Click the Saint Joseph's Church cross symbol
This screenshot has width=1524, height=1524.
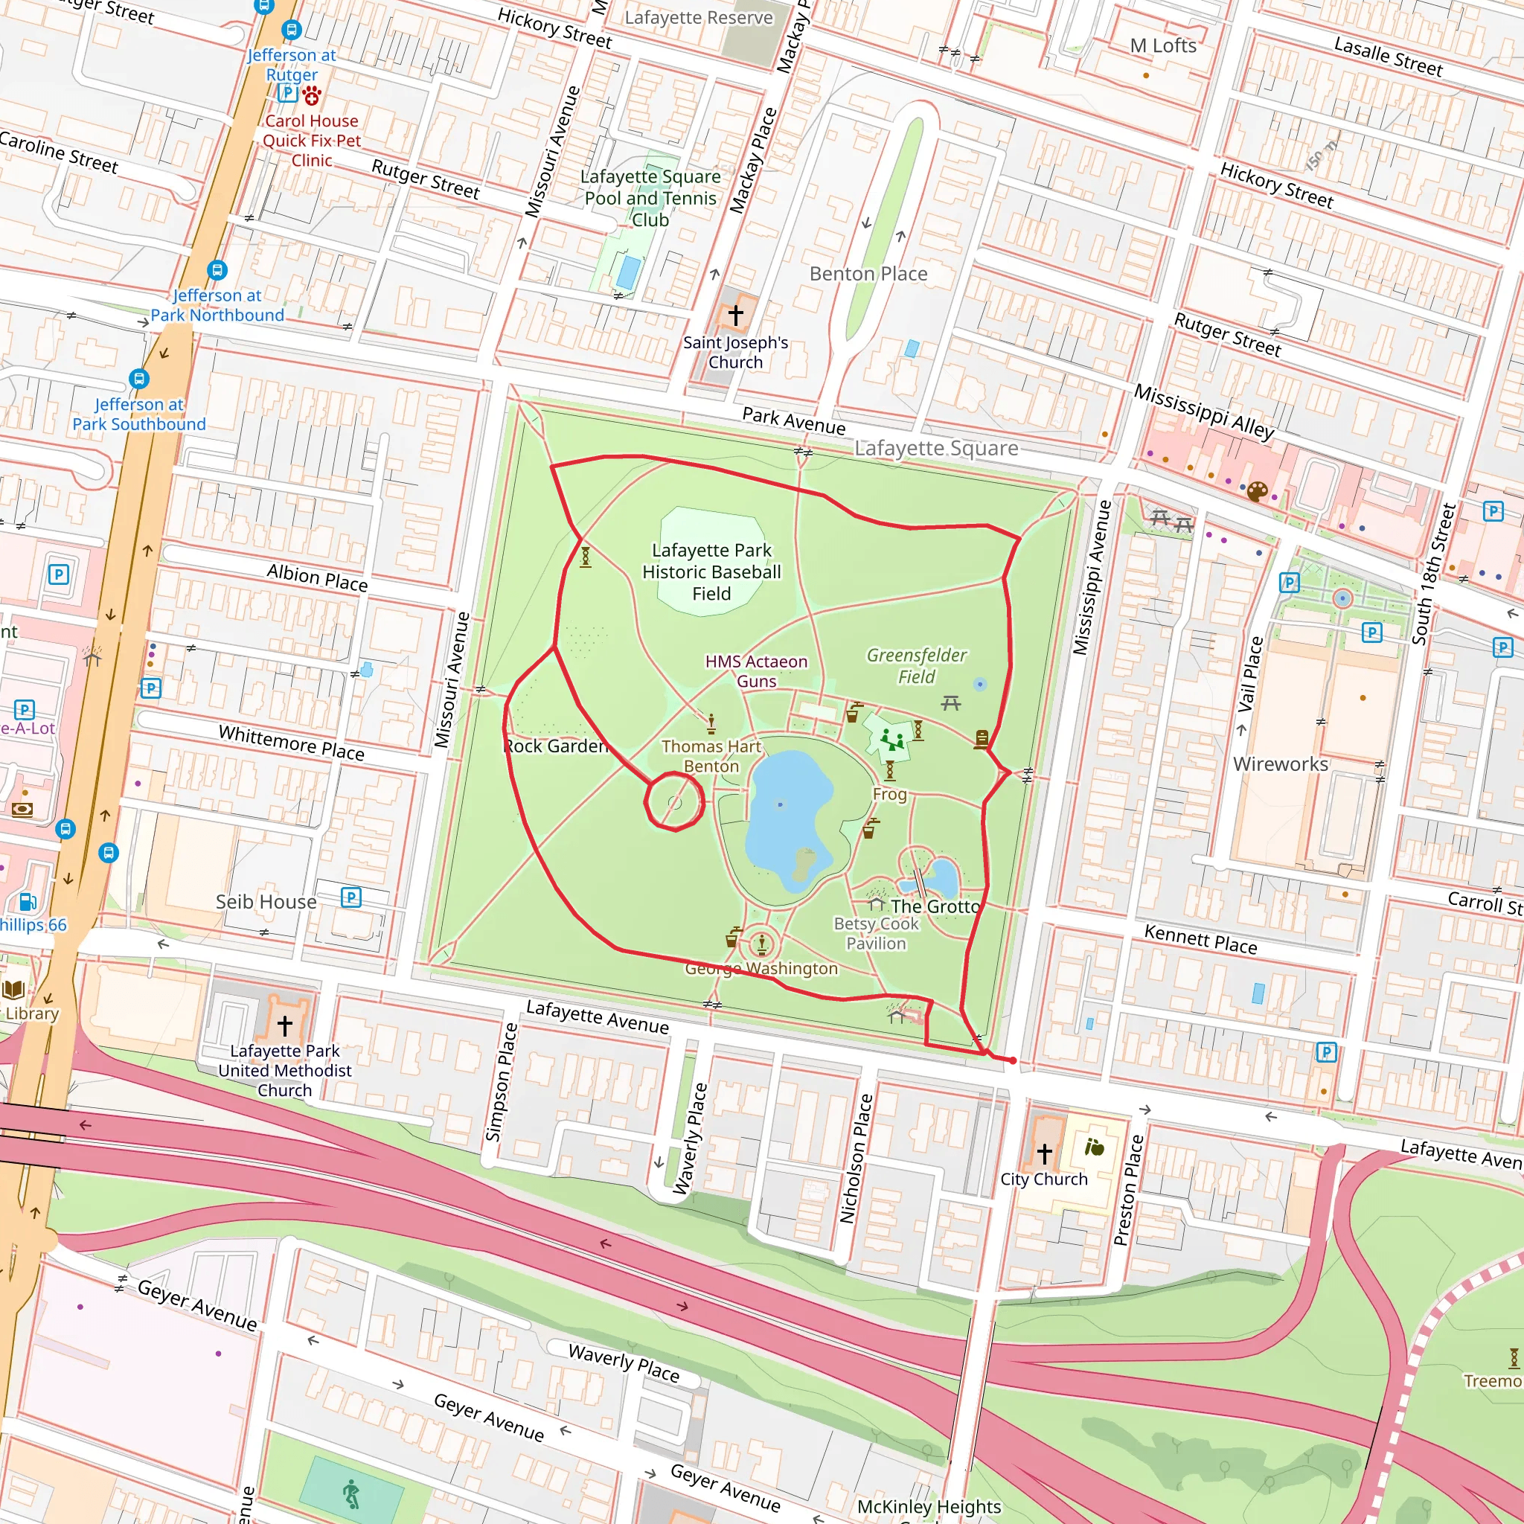pyautogui.click(x=735, y=315)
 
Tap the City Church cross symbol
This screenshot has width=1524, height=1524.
pyautogui.click(x=1044, y=1153)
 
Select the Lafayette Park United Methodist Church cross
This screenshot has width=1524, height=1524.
pyautogui.click(x=285, y=1025)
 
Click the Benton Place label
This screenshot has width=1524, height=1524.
pyautogui.click(x=868, y=274)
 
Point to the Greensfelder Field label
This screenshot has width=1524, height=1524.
pyautogui.click(x=916, y=666)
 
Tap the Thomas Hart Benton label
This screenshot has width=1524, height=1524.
pyautogui.click(x=711, y=756)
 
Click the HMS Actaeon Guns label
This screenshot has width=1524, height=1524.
pyautogui.click(x=756, y=671)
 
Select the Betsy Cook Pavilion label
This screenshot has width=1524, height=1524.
pyautogui.click(x=876, y=933)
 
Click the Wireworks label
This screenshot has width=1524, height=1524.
pyautogui.click(x=1279, y=763)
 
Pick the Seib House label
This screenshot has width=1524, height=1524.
pyautogui.click(x=266, y=902)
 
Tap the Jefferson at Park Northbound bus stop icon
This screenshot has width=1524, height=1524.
pyautogui.click(x=217, y=271)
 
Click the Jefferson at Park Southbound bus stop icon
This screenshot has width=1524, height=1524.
pyautogui.click(x=139, y=380)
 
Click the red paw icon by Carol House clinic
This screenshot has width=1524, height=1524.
pyautogui.click(x=313, y=96)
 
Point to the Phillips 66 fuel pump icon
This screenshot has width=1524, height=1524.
pyautogui.click(x=28, y=901)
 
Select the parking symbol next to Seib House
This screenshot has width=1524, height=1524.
pyautogui.click(x=351, y=897)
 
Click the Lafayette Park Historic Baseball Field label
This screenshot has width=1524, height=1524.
pyautogui.click(x=711, y=572)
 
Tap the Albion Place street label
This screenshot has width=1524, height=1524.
pyautogui.click(x=317, y=577)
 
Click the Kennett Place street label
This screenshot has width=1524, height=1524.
pyautogui.click(x=1200, y=940)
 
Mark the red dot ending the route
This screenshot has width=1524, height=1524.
pyautogui.click(x=1013, y=1061)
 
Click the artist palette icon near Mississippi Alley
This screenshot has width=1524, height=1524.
pyautogui.click(x=1258, y=491)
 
